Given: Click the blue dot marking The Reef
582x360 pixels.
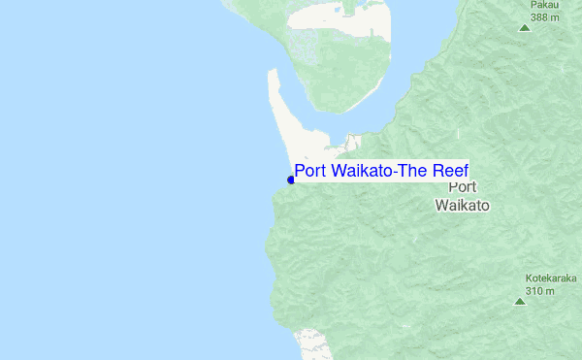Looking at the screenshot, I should (x=291, y=180).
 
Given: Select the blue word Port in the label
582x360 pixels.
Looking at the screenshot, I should (x=310, y=172).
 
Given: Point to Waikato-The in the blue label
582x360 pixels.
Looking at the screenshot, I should (x=377, y=172).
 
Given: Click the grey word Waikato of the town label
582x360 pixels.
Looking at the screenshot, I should (x=463, y=206).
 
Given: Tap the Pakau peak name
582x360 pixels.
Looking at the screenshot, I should (x=543, y=5).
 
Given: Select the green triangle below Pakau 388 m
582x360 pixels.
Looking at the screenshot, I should (x=525, y=27).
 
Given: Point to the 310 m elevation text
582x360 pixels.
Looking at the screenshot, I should (x=540, y=290).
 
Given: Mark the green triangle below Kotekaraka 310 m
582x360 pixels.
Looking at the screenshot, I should (x=519, y=302).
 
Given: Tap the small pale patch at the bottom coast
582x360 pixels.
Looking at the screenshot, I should (x=312, y=342).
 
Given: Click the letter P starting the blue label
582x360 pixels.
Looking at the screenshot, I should (x=300, y=172).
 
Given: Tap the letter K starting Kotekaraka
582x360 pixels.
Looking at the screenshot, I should (x=530, y=278).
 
